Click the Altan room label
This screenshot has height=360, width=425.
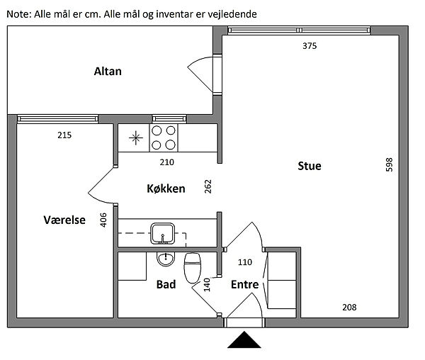tap(108, 71)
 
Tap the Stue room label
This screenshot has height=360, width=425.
tap(309, 167)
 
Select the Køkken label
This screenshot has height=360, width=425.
tap(166, 189)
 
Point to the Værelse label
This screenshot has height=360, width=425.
tap(64, 220)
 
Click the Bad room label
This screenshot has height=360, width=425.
tap(166, 284)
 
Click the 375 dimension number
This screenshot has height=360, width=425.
tap(309, 46)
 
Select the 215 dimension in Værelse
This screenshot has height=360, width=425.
tap(64, 135)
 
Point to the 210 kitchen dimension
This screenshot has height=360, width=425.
tap(166, 162)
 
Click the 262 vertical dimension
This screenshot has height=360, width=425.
tap(208, 187)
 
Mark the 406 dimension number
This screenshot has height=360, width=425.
tap(103, 220)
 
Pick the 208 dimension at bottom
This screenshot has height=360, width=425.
tap(349, 307)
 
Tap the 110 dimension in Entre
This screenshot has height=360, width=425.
tap(245, 261)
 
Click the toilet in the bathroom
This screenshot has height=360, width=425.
tap(192, 268)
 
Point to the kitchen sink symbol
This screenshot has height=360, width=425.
tap(164, 232)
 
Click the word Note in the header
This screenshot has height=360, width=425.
tap(19, 13)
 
